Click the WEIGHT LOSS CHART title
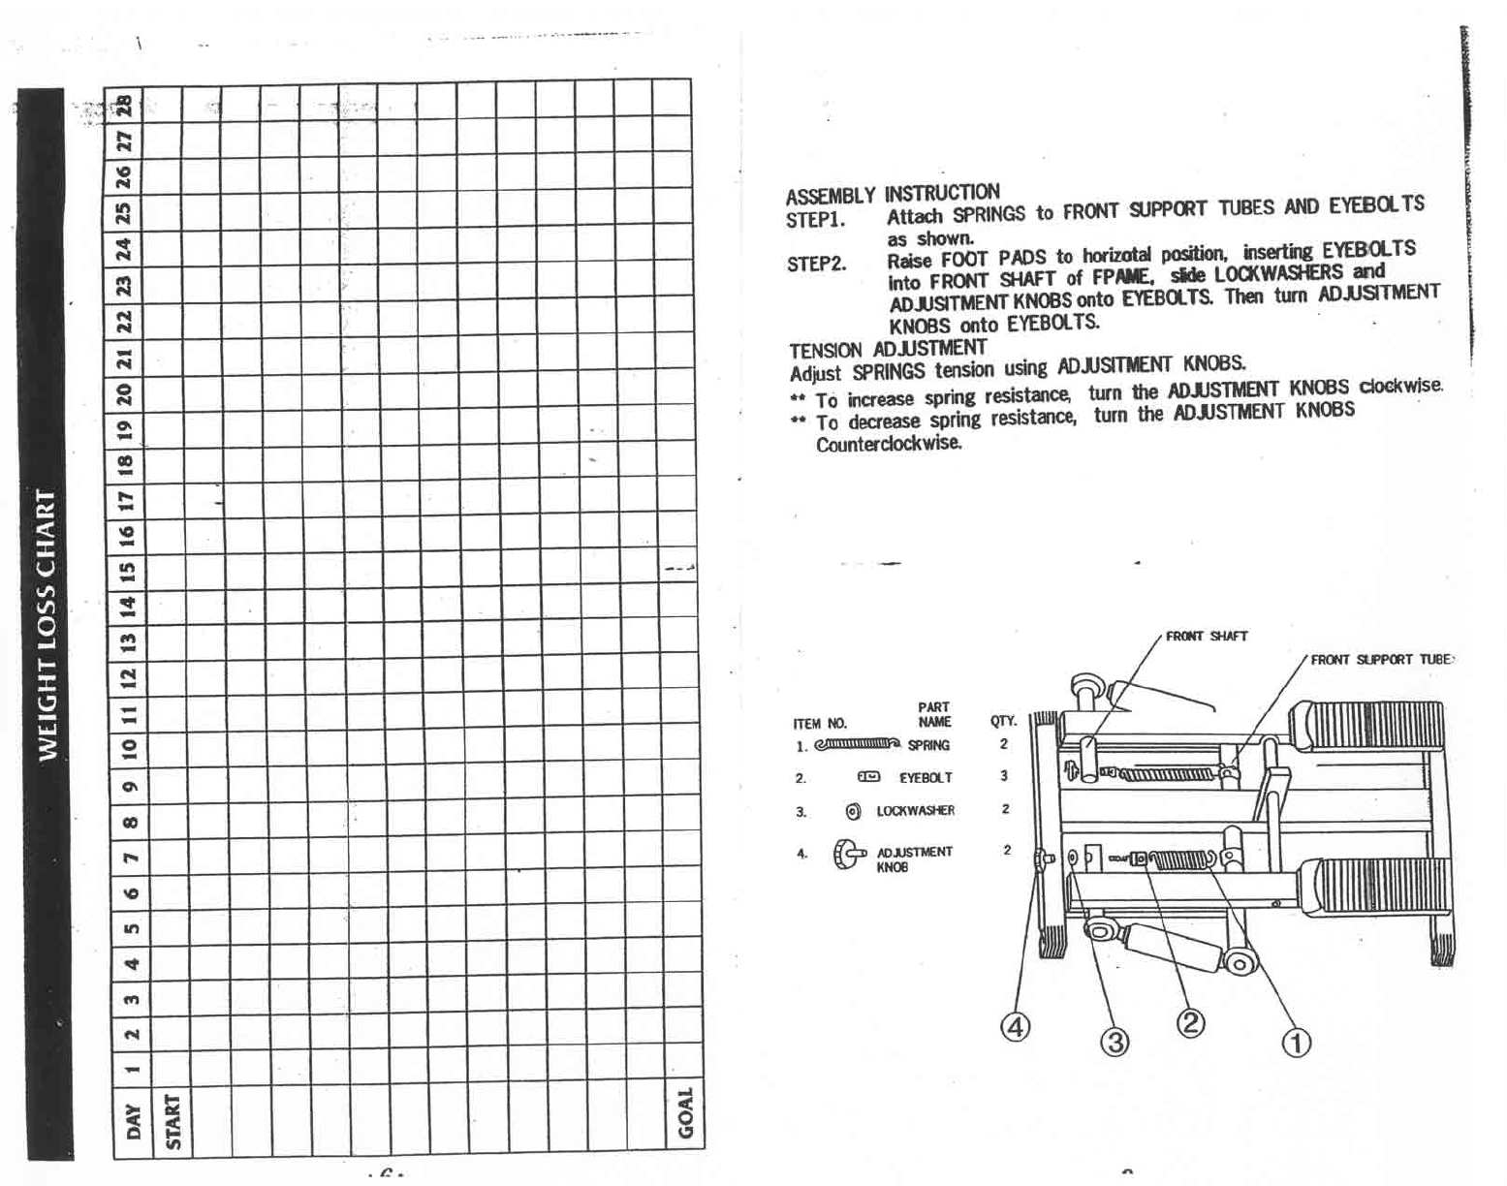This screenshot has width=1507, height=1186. point(45,625)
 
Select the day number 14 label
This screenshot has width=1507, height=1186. point(127,607)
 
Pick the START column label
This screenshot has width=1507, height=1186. point(173,1121)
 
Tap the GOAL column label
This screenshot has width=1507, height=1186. point(685,1113)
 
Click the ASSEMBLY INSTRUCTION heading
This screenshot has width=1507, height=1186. point(892,194)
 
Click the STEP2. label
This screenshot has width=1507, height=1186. point(816,264)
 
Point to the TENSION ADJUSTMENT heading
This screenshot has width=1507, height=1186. point(887,349)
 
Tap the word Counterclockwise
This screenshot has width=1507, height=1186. point(888,444)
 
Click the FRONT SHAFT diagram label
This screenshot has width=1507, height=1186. point(1206,636)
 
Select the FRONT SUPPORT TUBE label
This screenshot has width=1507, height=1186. point(1380,660)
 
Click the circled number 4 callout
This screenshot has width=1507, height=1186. point(1014,1026)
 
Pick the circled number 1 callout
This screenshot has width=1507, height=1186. point(1296,1043)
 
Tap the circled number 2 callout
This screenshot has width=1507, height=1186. point(1190,1023)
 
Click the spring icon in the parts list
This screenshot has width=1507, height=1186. point(858,744)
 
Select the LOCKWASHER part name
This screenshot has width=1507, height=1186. point(915,810)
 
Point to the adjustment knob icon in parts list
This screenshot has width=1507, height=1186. point(848,856)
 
